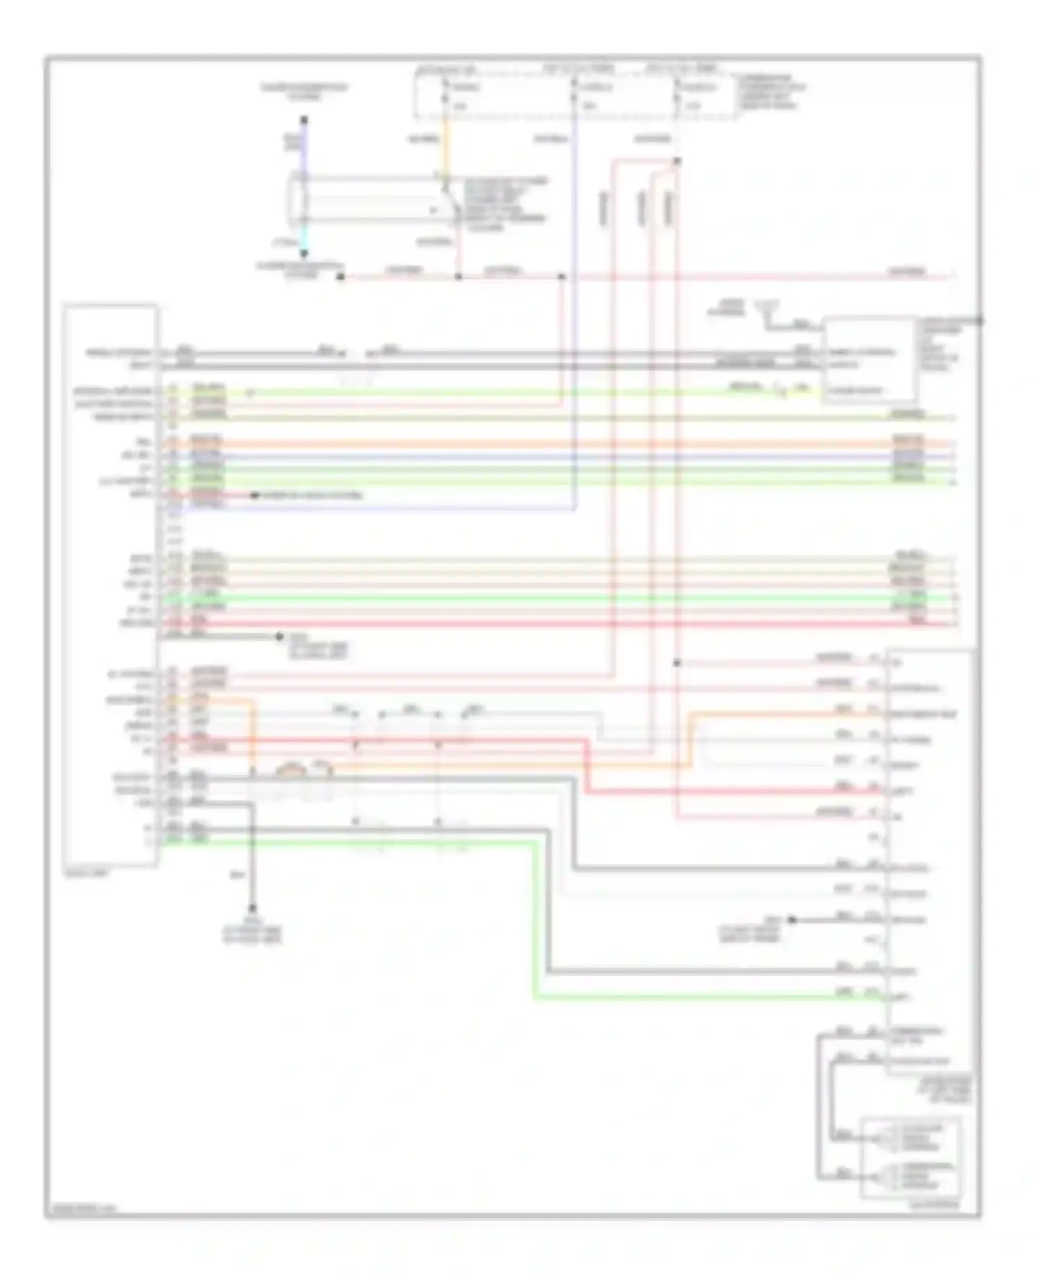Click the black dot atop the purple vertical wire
pyautogui.click(x=304, y=120)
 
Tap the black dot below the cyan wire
pyautogui.click(x=304, y=254)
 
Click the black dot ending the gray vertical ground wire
pyautogui.click(x=253, y=909)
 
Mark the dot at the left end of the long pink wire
pyautogui.click(x=341, y=277)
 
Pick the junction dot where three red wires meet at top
pyautogui.click(x=676, y=162)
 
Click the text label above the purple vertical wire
pyautogui.click(x=304, y=91)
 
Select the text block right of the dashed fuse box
pyautogui.click(x=772, y=92)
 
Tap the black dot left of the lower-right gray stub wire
pyautogui.click(x=792, y=920)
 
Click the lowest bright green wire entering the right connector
pyautogui.click(x=697, y=997)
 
